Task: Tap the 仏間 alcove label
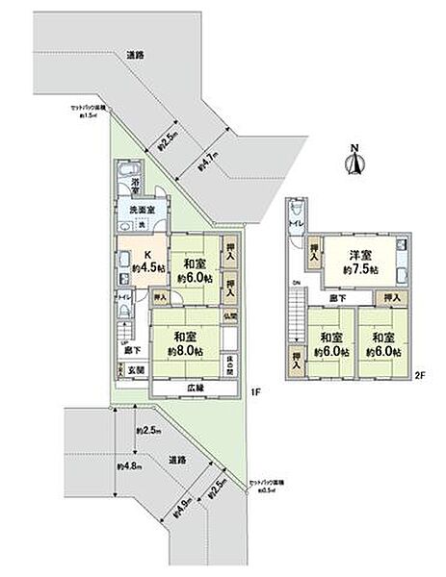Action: tap(231, 316)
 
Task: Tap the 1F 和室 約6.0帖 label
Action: tap(193, 269)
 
